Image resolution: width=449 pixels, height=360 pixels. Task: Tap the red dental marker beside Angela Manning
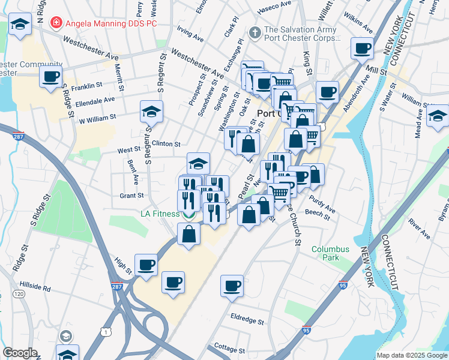(x=56, y=23)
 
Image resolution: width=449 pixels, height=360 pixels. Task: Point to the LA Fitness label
(x=160, y=214)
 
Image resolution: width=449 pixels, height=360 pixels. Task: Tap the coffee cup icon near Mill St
(x=363, y=48)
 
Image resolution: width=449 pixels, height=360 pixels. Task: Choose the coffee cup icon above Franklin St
(x=51, y=76)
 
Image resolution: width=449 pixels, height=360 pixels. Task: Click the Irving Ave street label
(x=190, y=32)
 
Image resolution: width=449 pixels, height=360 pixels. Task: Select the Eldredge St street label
(x=247, y=322)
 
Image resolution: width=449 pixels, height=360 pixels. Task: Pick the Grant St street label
(x=131, y=195)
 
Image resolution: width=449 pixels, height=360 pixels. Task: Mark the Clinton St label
(x=166, y=144)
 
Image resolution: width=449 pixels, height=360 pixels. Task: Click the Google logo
(x=20, y=353)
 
